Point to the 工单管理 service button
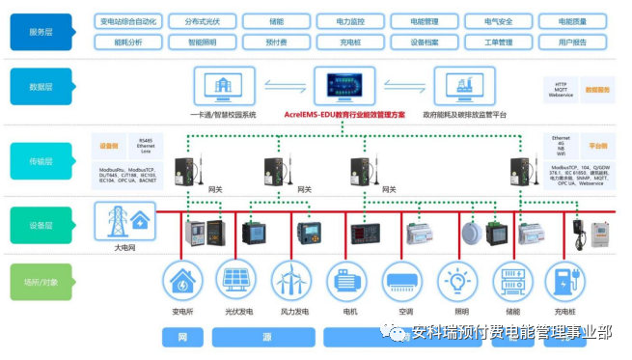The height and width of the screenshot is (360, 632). point(498,42)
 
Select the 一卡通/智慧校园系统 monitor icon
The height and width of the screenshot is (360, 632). point(223,86)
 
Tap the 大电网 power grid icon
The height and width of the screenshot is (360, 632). point(125,222)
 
